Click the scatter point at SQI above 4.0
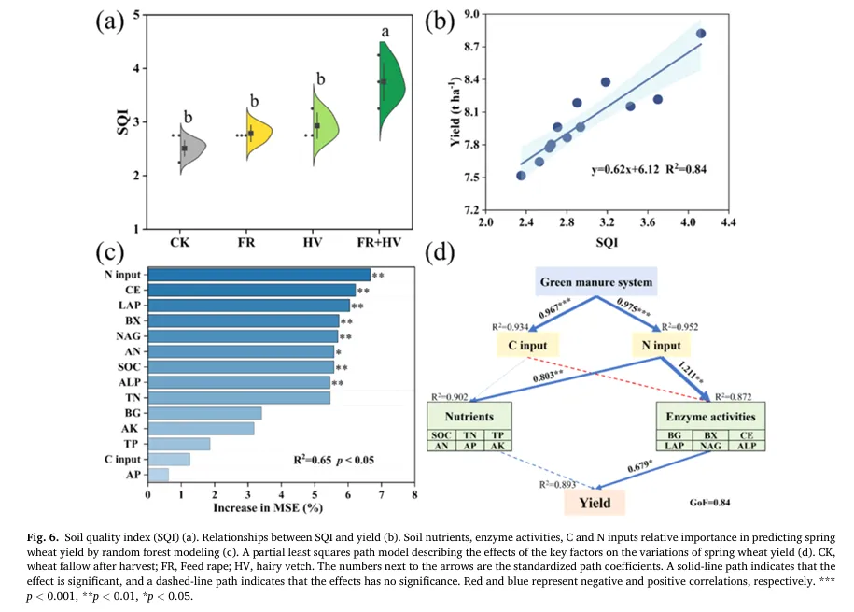click(701, 34)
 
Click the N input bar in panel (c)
click(259, 275)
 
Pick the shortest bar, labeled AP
click(159, 476)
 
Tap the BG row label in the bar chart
click(133, 413)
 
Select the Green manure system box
click(595, 282)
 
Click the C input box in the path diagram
click(528, 346)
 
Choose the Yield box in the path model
click(595, 503)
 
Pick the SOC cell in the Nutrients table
click(443, 434)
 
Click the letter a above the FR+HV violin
click(385, 31)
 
